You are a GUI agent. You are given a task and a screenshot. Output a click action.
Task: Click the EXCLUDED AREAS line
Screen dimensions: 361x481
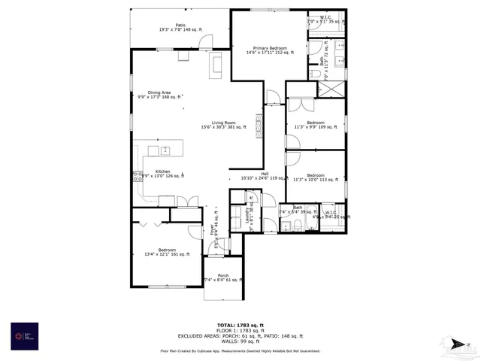coord(240,335)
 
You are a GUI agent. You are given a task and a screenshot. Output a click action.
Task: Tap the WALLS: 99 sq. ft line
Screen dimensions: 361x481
coord(240,341)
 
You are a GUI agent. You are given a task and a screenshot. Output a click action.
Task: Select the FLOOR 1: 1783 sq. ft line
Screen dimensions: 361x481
coord(240,330)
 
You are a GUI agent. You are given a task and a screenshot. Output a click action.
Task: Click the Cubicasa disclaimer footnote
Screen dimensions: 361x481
coord(240,350)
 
